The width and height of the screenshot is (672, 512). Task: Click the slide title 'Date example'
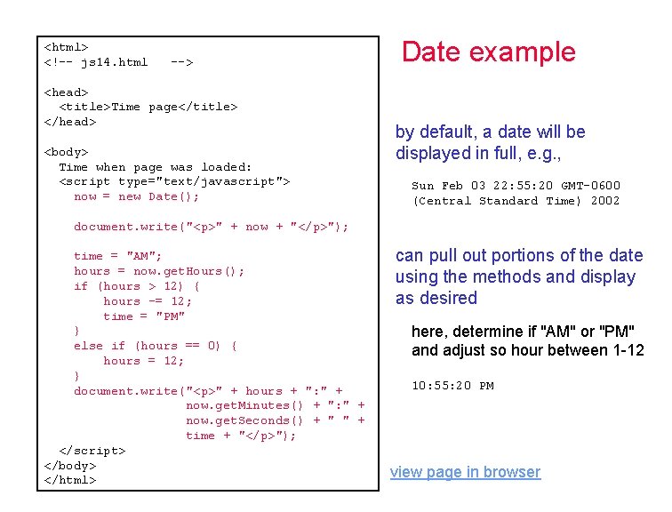coord(488,52)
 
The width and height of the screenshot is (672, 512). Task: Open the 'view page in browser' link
coord(465,472)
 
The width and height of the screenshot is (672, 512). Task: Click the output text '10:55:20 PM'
coord(452,386)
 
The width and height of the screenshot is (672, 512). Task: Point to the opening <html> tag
coord(66,46)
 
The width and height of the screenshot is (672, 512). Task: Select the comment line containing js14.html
coord(118,62)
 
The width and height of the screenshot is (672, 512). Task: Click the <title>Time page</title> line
coord(148,107)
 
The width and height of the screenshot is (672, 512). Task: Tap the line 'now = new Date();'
coord(137,196)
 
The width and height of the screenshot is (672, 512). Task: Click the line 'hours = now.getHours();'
coord(159,271)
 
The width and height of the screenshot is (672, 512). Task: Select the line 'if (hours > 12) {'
coord(137,286)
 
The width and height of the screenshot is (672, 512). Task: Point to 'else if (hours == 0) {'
coord(156,346)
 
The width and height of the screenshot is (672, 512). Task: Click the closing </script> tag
coord(92,451)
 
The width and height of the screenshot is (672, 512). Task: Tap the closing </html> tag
coord(69,480)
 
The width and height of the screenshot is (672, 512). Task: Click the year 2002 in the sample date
coord(605,201)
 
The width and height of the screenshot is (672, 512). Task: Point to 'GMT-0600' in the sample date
coord(591,186)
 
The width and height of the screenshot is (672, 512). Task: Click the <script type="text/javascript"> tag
coord(174,181)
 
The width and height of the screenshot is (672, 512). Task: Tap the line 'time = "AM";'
coord(118,256)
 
